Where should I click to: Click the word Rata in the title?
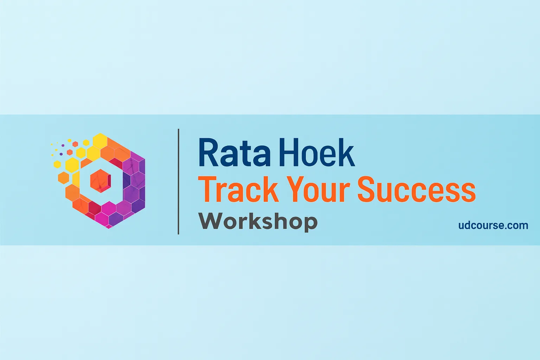[x=234, y=153]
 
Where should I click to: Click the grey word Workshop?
[x=258, y=221]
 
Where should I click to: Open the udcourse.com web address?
[x=493, y=225]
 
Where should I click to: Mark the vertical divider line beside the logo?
[x=179, y=181]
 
